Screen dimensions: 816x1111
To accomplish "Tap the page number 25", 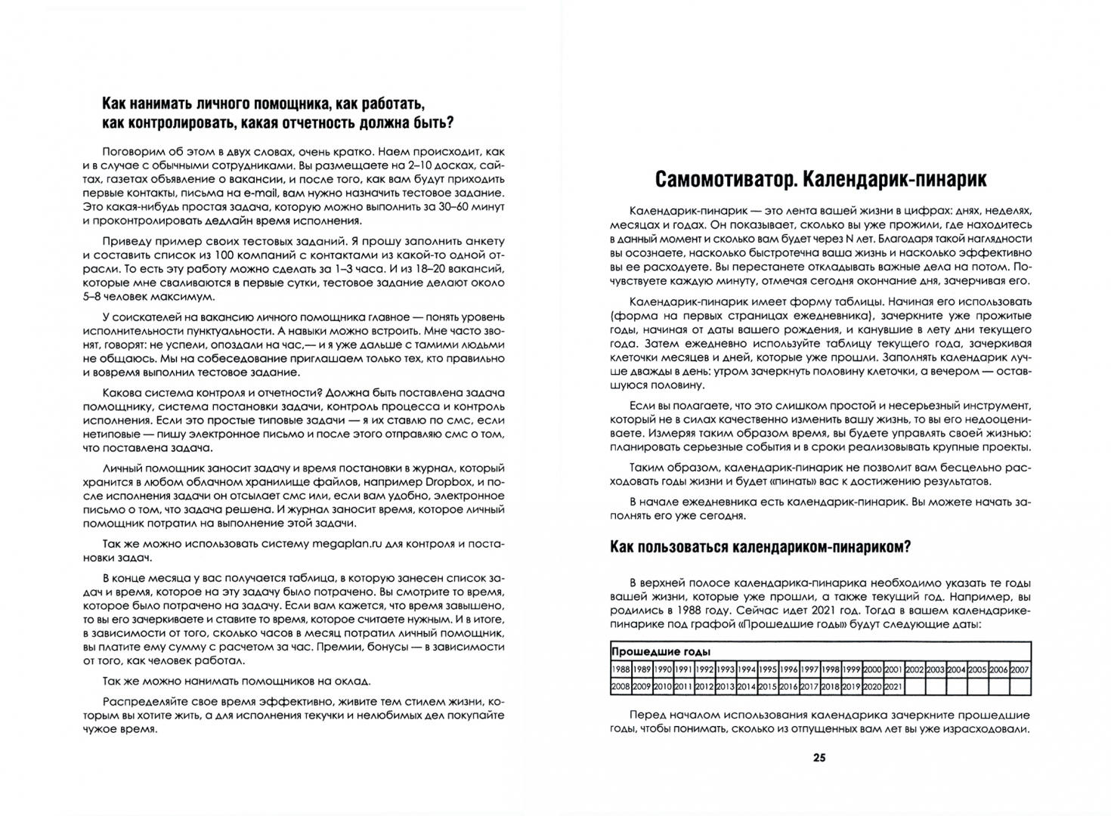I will [x=819, y=758].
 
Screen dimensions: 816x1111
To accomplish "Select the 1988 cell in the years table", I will [x=620, y=669].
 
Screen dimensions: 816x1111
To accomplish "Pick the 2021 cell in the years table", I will [x=893, y=687].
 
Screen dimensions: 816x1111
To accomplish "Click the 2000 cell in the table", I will [x=872, y=669].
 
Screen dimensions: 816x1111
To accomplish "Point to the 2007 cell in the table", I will [x=1020, y=669].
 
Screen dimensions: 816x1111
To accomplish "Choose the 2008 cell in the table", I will [x=620, y=687].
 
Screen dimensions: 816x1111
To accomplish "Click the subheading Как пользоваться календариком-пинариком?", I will [x=760, y=548].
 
